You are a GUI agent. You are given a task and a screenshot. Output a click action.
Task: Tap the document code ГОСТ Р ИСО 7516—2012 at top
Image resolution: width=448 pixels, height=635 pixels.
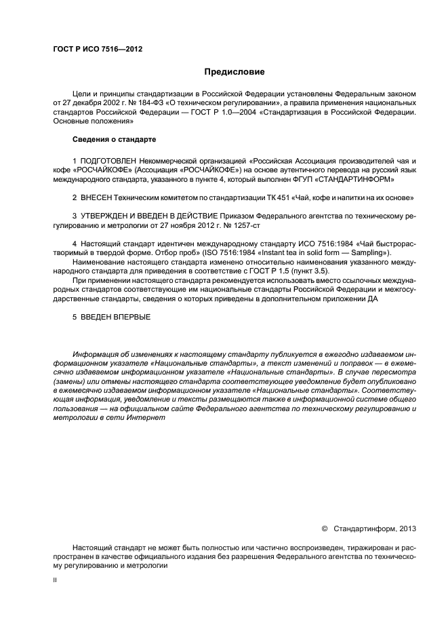pyautogui.click(x=97, y=48)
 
